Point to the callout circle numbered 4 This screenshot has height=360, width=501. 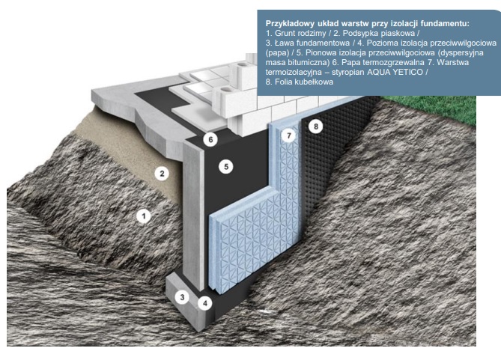click(x=203, y=303)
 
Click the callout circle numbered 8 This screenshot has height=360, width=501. click(x=316, y=127)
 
